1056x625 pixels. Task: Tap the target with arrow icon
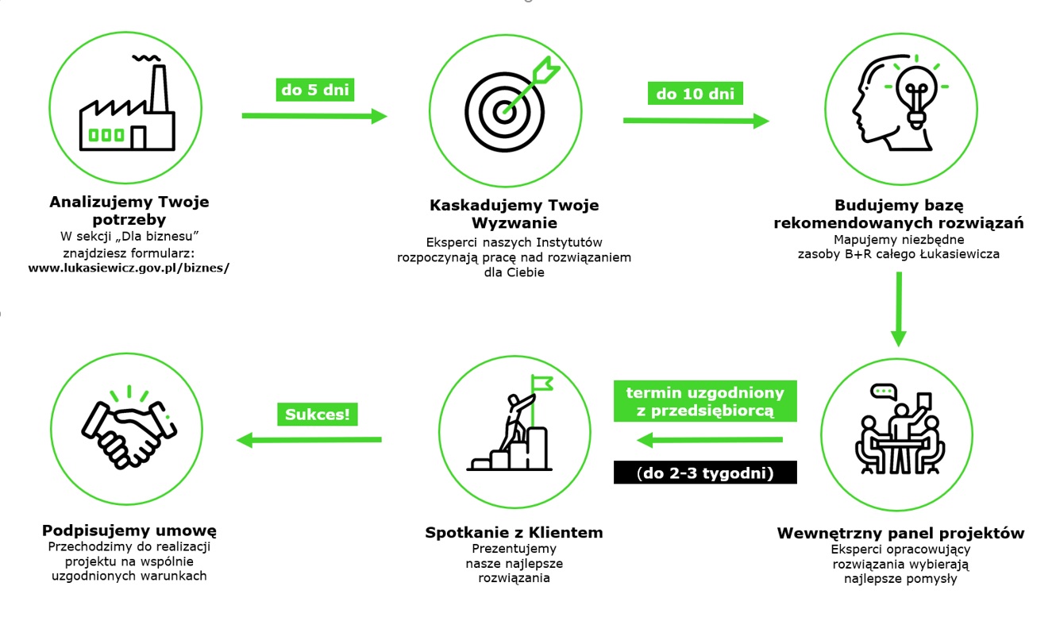506,109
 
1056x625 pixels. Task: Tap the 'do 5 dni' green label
314,89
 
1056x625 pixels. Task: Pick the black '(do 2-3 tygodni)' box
705,473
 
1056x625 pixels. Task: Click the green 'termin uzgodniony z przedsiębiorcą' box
705,402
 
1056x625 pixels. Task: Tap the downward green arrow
898,310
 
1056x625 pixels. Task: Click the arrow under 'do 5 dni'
314,116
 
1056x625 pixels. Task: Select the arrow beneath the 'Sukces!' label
310,439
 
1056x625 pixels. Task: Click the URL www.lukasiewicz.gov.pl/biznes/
129,268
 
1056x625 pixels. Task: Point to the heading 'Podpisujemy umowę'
129,530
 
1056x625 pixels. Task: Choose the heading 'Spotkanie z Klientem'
514,532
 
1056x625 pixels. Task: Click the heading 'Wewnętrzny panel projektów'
900,533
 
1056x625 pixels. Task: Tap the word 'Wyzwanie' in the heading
514,222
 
